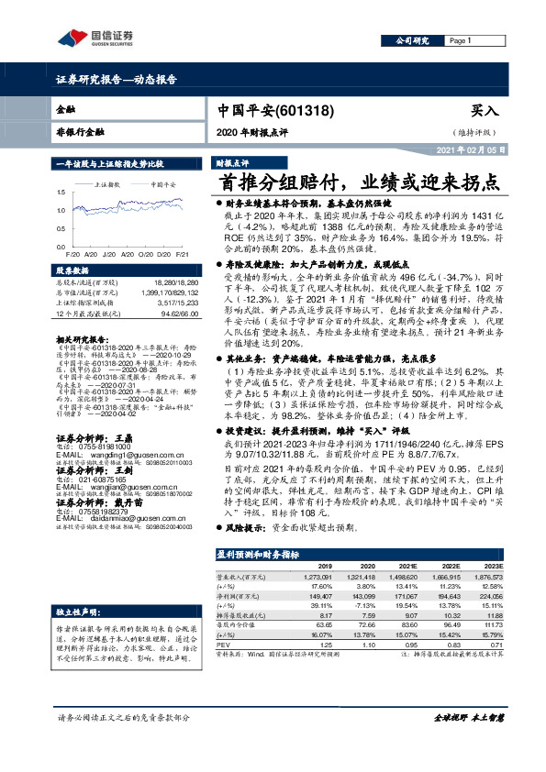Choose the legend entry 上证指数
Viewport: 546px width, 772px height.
point(110,184)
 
